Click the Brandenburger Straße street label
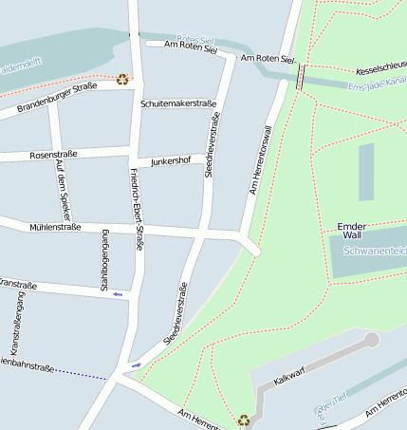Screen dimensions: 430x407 coord(57,97)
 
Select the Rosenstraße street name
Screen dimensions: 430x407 coord(53,154)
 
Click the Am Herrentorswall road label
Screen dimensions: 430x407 coord(266,160)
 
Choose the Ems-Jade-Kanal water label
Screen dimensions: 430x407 coord(378,84)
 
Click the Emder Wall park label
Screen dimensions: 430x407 coord(350,230)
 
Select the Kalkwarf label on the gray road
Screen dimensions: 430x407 coord(287,378)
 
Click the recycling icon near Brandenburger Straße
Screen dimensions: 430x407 coord(122,80)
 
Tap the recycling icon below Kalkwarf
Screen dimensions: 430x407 coord(244,419)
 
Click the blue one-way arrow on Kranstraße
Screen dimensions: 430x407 coord(118,294)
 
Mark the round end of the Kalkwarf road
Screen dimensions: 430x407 coord(371,339)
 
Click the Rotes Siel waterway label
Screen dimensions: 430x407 coord(195,38)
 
